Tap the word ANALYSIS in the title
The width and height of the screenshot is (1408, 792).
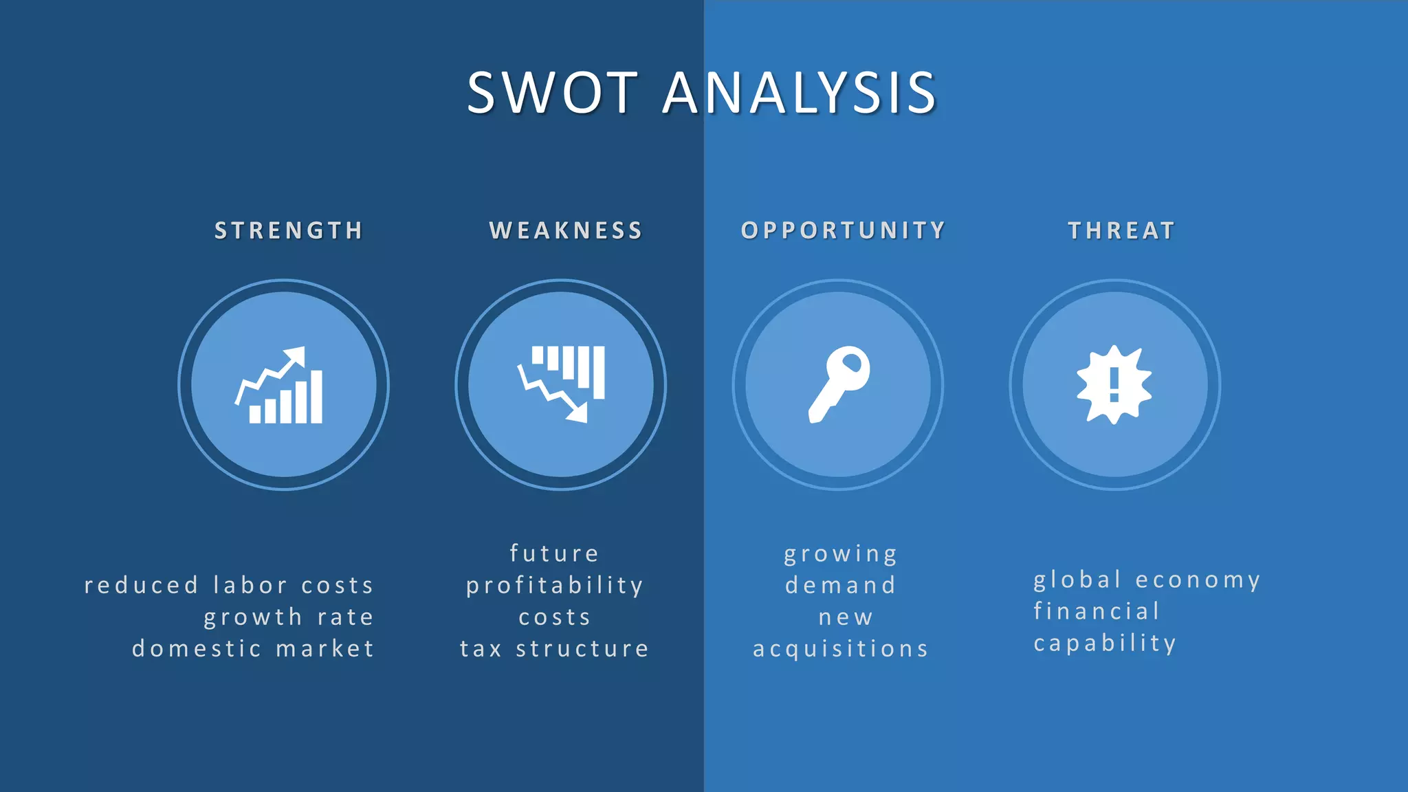(800, 93)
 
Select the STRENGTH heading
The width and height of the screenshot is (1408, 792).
(289, 230)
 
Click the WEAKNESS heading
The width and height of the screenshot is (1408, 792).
(566, 230)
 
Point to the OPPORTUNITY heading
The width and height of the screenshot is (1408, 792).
(843, 230)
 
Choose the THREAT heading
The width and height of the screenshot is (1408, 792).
(1121, 230)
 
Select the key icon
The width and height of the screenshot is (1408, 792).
(838, 384)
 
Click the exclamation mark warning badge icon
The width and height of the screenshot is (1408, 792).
(1114, 384)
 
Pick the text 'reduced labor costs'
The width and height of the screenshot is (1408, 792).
(229, 585)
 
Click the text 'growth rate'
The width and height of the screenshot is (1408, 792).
(289, 617)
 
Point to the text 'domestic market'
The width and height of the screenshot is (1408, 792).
(253, 648)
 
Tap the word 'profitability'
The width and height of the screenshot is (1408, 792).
(555, 585)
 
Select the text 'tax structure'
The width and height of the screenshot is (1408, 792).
(554, 648)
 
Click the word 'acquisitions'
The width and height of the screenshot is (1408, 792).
(841, 648)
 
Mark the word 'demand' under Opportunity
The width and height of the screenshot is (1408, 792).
(841, 585)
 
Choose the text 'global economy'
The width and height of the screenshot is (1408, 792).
(1147, 580)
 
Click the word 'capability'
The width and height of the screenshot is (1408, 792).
(1105, 643)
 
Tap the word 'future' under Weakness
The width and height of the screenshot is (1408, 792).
(554, 553)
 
